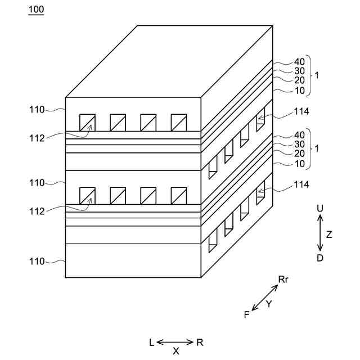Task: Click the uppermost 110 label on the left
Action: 37,110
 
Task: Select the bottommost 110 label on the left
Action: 37,261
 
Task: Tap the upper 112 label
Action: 37,137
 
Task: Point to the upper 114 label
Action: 301,112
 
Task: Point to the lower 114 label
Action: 301,184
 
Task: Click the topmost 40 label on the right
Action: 299,62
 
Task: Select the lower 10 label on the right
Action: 299,163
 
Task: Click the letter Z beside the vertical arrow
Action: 329,235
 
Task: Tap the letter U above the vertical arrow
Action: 320,209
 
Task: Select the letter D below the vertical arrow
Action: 320,258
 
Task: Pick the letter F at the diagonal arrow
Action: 246,314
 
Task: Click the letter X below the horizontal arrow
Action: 176,351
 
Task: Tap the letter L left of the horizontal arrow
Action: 151,342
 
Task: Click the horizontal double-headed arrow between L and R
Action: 175,342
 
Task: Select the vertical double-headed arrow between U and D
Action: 320,233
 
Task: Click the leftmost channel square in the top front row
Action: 87,123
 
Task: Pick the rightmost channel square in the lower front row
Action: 178,195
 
